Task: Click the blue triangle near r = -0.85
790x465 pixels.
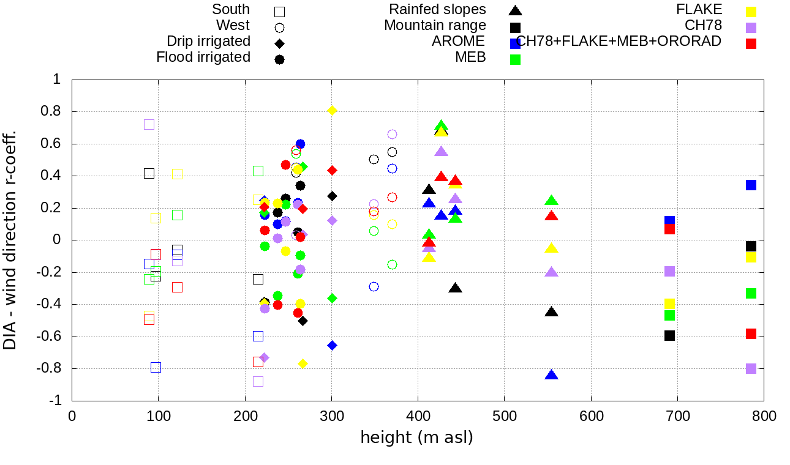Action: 551,375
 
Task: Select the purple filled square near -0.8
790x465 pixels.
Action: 751,368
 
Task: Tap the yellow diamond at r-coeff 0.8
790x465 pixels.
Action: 332,110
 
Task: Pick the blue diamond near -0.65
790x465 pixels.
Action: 332,345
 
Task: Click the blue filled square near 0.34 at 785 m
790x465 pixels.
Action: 751,185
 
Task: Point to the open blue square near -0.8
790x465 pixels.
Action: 156,367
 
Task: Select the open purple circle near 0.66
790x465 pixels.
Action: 392,134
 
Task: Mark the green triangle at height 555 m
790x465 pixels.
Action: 551,201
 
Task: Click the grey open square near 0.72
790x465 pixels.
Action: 149,124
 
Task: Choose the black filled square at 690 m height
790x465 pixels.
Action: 669,335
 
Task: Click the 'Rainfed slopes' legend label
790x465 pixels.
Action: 437,10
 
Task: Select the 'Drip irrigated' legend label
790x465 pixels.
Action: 208,42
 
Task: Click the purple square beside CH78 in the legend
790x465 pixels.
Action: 751,28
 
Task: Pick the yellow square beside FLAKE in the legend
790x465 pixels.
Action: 751,12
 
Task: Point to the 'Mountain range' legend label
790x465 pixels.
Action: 435,26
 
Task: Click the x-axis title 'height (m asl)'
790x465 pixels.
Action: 416,438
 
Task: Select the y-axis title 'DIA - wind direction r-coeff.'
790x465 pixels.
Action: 10,240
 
